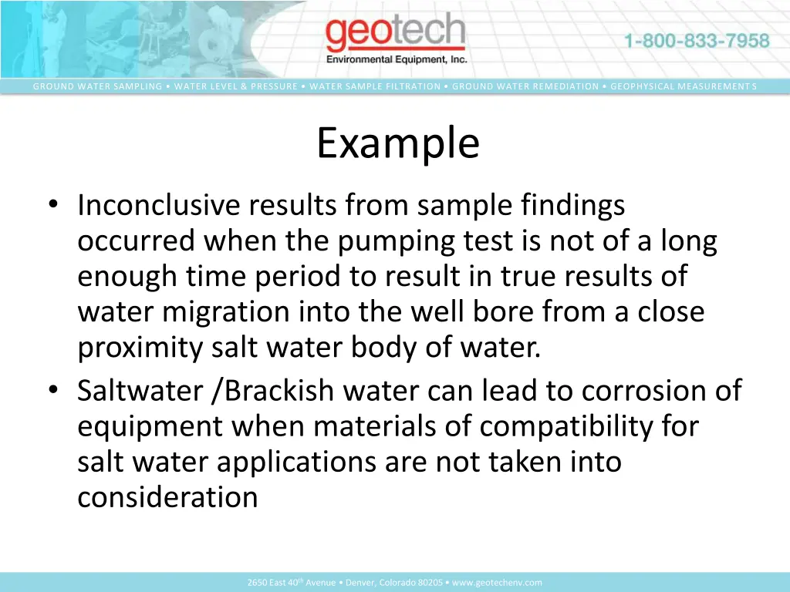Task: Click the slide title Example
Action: coord(397,144)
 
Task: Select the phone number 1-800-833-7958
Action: coord(697,41)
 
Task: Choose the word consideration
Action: coord(167,497)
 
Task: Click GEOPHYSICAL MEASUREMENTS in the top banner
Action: coord(683,86)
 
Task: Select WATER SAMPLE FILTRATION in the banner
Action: coord(374,86)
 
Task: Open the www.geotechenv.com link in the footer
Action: coord(497,583)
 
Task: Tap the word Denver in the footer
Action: coord(360,583)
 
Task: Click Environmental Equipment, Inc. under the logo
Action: coord(397,59)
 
